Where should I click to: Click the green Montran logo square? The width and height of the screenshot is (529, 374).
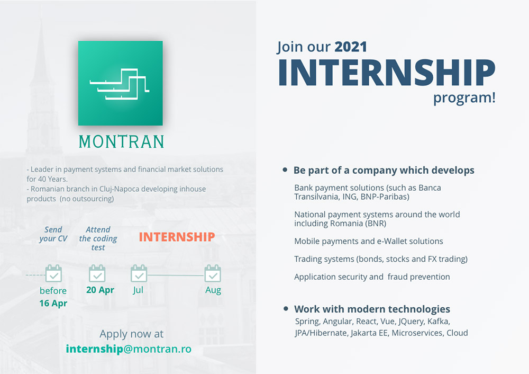tap(121, 83)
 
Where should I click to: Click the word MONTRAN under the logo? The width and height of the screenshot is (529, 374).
tap(122, 142)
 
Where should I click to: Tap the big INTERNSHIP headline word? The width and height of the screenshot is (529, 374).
tap(387, 72)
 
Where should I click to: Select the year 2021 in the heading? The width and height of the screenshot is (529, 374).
tap(351, 47)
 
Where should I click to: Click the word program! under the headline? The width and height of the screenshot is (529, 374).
tap(464, 98)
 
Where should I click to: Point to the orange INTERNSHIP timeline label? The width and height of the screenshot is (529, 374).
tap(177, 237)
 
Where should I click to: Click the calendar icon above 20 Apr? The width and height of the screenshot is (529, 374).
tap(97, 273)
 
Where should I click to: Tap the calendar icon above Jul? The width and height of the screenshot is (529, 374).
tap(139, 273)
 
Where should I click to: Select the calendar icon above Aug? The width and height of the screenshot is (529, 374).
tap(213, 273)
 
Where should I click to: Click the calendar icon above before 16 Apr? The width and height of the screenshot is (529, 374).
tap(53, 273)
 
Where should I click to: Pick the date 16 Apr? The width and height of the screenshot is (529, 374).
tap(53, 304)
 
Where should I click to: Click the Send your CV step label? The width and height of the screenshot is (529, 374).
tap(53, 234)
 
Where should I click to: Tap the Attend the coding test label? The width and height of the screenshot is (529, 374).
tap(98, 238)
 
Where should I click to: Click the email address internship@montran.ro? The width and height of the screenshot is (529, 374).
tap(129, 349)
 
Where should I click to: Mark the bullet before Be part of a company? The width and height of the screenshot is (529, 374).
tap(285, 170)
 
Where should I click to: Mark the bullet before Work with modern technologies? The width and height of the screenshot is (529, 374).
tap(286, 308)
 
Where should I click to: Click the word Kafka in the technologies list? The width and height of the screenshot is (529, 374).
tap(439, 322)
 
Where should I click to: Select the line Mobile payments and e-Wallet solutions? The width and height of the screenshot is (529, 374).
tap(368, 241)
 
